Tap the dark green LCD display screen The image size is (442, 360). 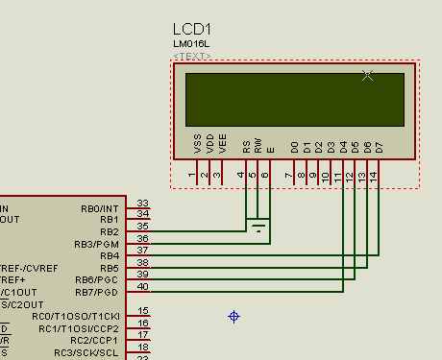click(294, 99)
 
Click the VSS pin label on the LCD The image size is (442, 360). click(198, 144)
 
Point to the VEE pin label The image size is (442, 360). click(223, 144)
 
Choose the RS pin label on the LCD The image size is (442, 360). click(246, 146)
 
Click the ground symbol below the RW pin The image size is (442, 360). click(258, 228)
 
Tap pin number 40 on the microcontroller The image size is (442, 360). click(142, 287)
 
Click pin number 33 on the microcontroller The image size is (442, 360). click(142, 203)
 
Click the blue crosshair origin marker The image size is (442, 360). click(233, 316)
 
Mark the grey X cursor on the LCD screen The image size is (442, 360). click(367, 76)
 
